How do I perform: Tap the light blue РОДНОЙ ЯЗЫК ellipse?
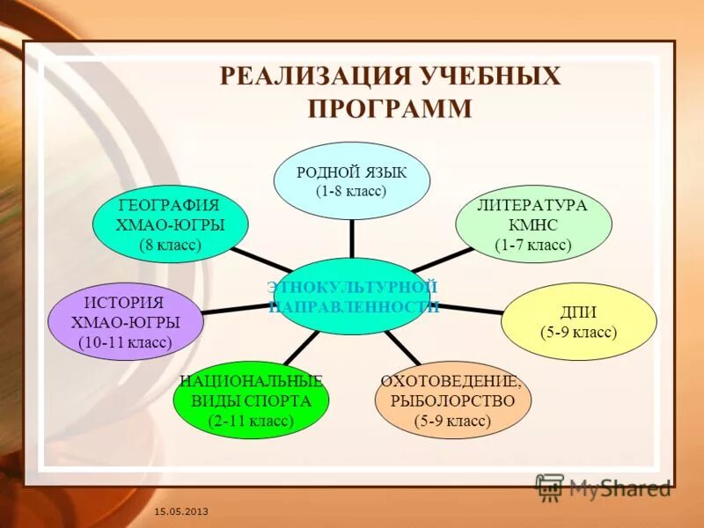point(352,180)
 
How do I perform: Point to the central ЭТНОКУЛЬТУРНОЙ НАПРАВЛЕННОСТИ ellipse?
point(352,297)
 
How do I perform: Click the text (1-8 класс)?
point(352,190)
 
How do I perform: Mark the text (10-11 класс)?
point(125,341)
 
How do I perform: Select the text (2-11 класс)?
point(252,421)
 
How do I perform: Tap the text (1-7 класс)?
point(533,245)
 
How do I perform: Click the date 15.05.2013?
point(181,511)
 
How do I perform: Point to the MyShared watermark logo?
point(604,487)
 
